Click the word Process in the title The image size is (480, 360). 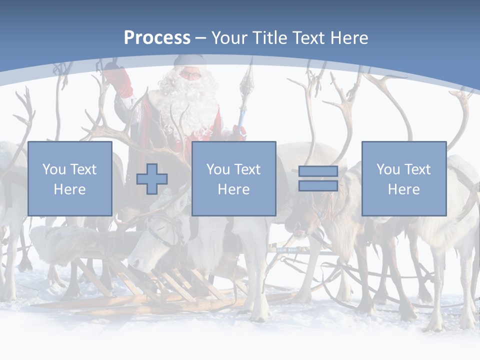[x=157, y=37]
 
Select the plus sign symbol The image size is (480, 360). [x=152, y=179]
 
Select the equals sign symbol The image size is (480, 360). [x=318, y=178]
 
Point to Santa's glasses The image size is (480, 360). [x=190, y=75]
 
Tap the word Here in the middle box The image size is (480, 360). [x=233, y=189]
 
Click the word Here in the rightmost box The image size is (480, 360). [x=404, y=189]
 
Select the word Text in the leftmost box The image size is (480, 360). [x=82, y=169]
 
